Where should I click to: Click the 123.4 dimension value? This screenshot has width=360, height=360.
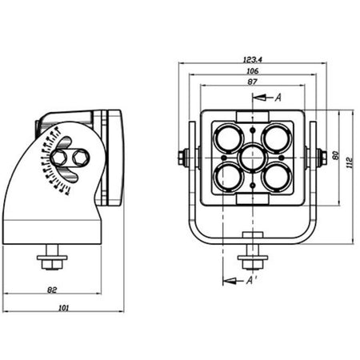tap(253, 59)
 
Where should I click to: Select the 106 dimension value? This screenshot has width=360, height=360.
tap(253, 71)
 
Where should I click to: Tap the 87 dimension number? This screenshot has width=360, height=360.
tap(252, 82)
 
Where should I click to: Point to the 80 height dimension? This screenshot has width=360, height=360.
tap(335, 155)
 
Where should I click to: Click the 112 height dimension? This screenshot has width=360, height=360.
tap(350, 162)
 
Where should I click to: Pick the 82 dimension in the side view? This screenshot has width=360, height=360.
tap(52, 290)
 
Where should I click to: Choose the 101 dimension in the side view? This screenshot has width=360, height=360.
tap(63, 308)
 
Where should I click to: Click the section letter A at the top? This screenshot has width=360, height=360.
tap(278, 98)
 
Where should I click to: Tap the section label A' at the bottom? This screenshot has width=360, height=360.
tap(251, 280)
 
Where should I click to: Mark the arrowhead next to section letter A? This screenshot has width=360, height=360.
tap(259, 98)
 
